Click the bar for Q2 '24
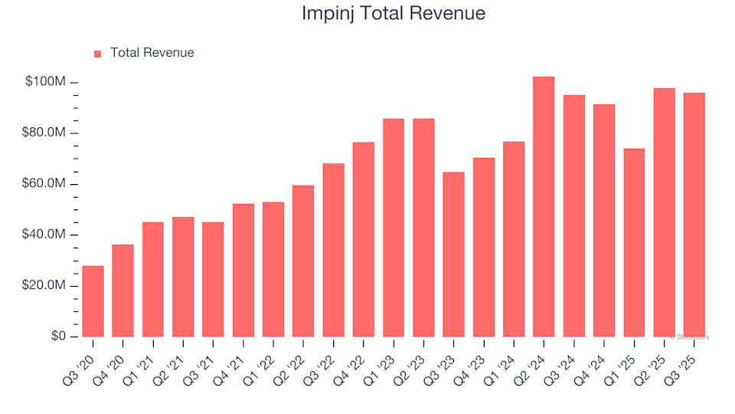coord(544,207)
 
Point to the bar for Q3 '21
coord(213,279)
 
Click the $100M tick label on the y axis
coord(46,82)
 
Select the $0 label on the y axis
coord(58,337)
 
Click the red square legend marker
coord(97,54)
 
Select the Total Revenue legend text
coord(152,53)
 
